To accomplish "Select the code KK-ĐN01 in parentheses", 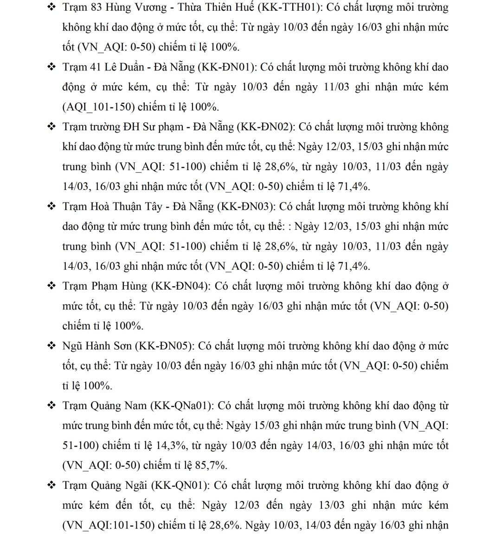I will [x=226, y=68].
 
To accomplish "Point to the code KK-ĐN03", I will [x=246, y=207].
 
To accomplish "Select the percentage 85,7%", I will [x=211, y=465].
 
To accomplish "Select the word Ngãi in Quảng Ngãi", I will [x=136, y=486].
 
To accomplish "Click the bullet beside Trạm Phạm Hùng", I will [x=52, y=286].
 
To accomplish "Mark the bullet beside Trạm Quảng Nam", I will [x=52, y=406].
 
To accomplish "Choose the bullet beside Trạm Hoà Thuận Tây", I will [x=52, y=207].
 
